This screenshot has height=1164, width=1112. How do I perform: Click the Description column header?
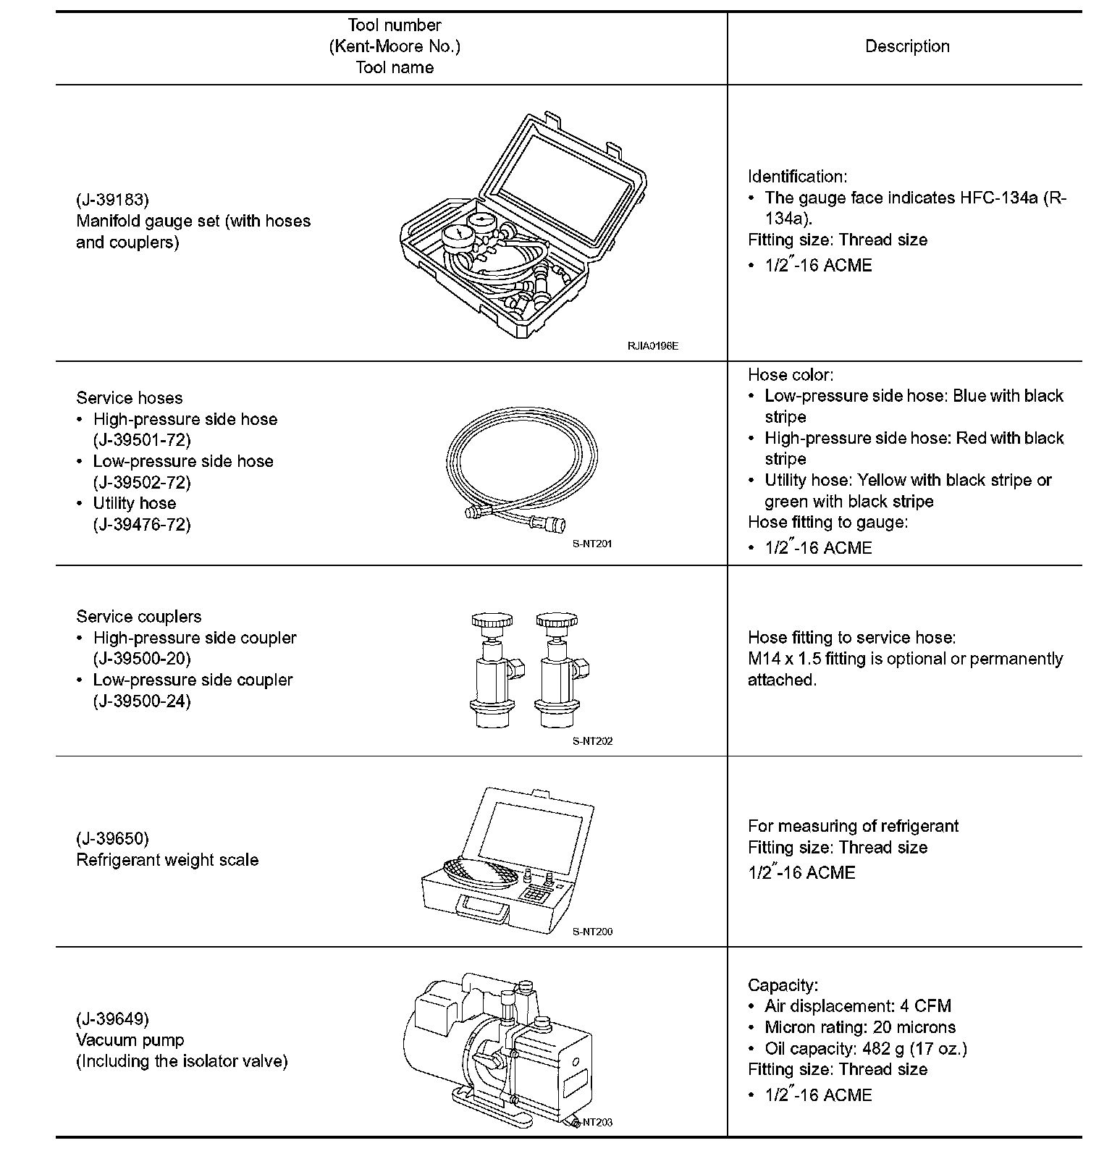(907, 46)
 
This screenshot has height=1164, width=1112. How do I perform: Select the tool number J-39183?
(112, 200)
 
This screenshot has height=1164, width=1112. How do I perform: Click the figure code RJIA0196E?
(652, 346)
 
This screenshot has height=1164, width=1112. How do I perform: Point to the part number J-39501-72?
(142, 440)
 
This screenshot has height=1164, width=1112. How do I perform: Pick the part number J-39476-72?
(142, 524)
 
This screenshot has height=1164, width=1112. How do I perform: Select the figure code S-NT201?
(592, 544)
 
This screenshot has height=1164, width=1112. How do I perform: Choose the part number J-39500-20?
(142, 659)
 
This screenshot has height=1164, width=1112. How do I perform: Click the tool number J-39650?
(112, 839)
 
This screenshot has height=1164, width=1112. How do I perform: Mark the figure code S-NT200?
(592, 932)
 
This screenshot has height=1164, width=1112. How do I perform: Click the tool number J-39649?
(112, 1019)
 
